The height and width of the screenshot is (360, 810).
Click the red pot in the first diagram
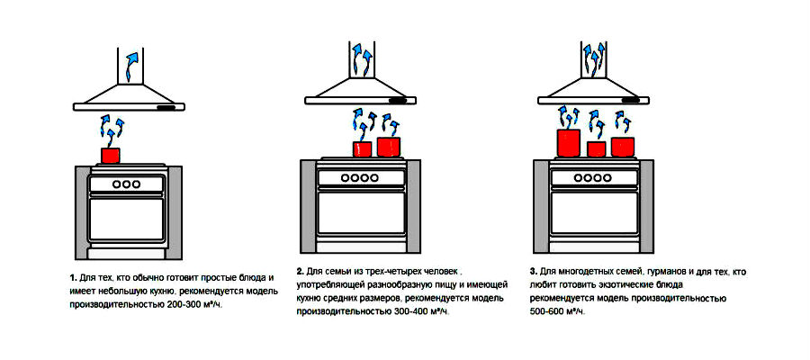(x=111, y=156)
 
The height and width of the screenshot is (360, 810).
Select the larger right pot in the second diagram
(x=389, y=147)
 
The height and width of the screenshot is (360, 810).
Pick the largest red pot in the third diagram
(x=568, y=143)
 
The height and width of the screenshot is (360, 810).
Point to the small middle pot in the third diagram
(x=596, y=148)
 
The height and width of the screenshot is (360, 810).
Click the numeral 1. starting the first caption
(x=73, y=279)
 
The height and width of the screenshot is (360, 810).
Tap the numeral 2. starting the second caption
(x=300, y=271)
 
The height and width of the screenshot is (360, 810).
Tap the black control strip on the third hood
(x=630, y=99)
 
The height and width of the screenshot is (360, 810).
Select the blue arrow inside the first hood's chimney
(x=132, y=66)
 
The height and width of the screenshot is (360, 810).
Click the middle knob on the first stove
(x=127, y=184)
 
